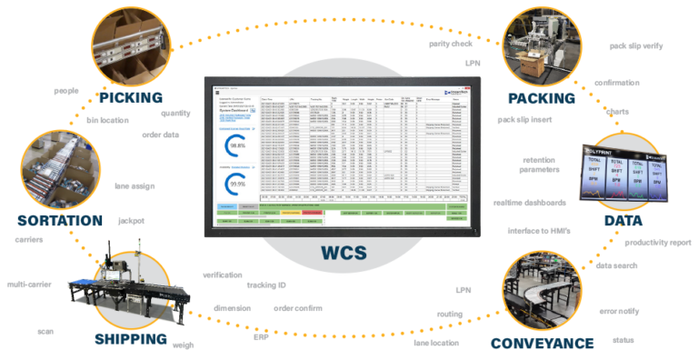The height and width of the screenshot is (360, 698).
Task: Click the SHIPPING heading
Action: click(132, 339)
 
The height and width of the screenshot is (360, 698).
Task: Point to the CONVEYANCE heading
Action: click(543, 343)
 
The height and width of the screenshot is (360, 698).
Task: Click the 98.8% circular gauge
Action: click(238, 145)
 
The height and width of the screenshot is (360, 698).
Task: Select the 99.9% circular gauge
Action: click(238, 183)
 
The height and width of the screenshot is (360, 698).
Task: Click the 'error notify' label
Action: click(619, 311)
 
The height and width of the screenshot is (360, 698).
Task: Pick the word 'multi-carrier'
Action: click(34, 285)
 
